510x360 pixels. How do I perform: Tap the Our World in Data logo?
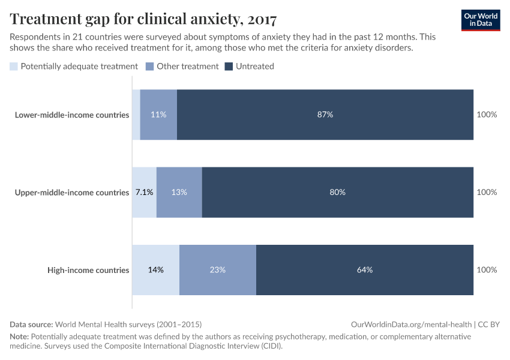[x=480, y=19]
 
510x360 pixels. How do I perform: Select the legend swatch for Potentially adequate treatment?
[x=14, y=67]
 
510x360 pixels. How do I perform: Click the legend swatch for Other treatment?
[x=150, y=67]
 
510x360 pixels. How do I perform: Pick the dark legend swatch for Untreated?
[x=229, y=67]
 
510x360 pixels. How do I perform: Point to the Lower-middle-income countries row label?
[x=72, y=115]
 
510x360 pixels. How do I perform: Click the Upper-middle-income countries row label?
[x=72, y=193]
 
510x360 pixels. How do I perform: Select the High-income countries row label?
[x=88, y=270]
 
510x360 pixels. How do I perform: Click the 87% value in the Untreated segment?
[x=325, y=115]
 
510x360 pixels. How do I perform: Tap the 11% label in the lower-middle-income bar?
[x=158, y=115]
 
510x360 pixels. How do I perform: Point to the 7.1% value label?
[x=144, y=193]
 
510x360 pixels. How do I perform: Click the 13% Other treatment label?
[x=179, y=193]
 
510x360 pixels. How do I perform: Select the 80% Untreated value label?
[x=337, y=193]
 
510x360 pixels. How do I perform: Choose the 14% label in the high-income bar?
[x=155, y=270]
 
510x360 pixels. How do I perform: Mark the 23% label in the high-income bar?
[x=217, y=270]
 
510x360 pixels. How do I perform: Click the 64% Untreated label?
[x=365, y=270]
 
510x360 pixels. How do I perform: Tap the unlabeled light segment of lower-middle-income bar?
[x=136, y=115]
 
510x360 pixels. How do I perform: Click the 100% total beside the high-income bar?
[x=487, y=270]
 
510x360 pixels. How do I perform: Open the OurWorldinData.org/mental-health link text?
[x=411, y=324]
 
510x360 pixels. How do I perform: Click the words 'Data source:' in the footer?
[x=31, y=324]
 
